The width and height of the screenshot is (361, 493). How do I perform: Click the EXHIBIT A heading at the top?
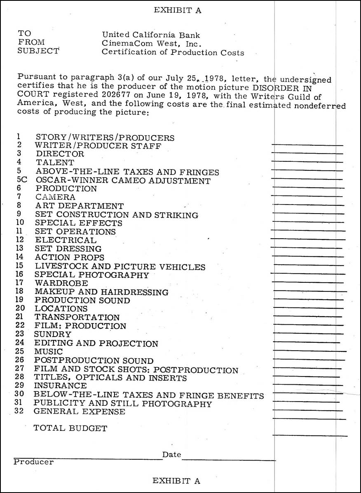pos(177,11)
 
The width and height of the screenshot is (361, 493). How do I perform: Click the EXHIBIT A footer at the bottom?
pos(176,481)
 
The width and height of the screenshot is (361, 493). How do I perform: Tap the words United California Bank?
pos(151,35)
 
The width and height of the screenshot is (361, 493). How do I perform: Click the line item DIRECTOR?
pos(60,154)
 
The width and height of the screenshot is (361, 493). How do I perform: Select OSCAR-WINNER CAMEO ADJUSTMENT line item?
pos(123,181)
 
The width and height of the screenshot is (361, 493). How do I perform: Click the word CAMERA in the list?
pos(55,198)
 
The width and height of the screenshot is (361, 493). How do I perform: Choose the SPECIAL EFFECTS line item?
pos(79,223)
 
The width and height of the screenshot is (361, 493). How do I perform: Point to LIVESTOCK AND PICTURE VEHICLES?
pos(120,267)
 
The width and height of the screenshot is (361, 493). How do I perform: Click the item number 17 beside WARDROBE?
pos(19,283)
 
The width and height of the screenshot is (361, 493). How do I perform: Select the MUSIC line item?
pos(49,351)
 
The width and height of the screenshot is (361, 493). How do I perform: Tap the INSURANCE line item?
pos(60,386)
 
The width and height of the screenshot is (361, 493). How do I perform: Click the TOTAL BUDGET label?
pos(70,428)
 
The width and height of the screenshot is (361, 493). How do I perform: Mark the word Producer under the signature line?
pos(33,462)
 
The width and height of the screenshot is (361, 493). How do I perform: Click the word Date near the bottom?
pos(171,455)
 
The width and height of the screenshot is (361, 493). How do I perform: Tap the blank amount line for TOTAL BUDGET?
pos(309,435)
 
